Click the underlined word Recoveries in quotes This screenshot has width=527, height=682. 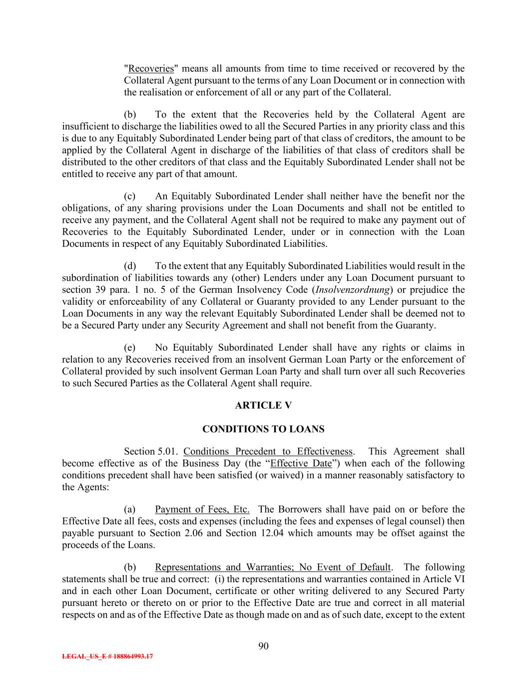pos(151,68)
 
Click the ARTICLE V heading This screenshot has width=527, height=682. pos(263,405)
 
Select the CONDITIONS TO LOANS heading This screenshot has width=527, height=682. pos(263,429)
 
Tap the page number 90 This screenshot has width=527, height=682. pos(264,646)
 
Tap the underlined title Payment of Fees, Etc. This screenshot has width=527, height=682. pos(202,509)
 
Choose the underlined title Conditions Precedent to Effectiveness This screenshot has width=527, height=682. pos(268,452)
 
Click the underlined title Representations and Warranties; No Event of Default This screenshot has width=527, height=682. pos(273,567)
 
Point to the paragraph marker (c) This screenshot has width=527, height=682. pos(130,196)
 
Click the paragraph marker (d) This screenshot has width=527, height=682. pos(130,266)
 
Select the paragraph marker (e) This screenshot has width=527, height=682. pos(130,348)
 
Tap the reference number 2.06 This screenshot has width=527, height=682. pos(193,533)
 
